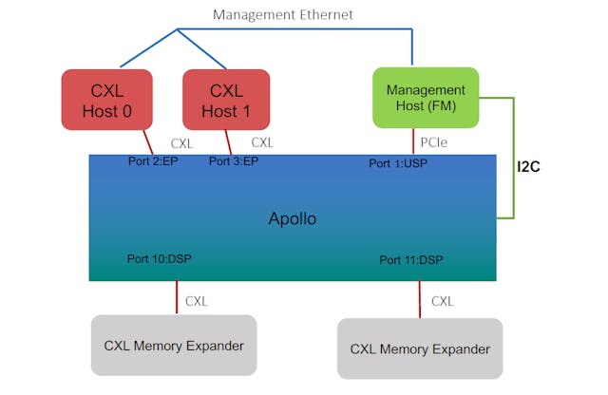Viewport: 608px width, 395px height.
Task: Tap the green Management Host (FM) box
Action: [x=426, y=98]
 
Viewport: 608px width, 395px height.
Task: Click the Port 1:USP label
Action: [x=399, y=163]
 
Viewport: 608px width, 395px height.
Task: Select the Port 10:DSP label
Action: [x=159, y=258]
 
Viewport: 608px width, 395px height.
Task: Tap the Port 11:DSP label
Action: [x=410, y=259]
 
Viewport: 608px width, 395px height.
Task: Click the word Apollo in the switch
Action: [x=292, y=219]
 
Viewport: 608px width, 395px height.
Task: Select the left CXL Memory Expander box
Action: [x=174, y=346]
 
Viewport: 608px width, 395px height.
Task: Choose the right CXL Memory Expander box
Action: [x=420, y=348]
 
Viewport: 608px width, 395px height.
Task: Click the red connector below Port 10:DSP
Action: [x=177, y=297]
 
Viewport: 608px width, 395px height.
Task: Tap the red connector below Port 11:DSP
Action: [x=420, y=299]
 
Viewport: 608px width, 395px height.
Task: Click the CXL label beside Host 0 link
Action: [x=181, y=143]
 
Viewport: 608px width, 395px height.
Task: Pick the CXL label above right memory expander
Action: [x=443, y=301]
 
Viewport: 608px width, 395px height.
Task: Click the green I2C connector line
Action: [x=513, y=157]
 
